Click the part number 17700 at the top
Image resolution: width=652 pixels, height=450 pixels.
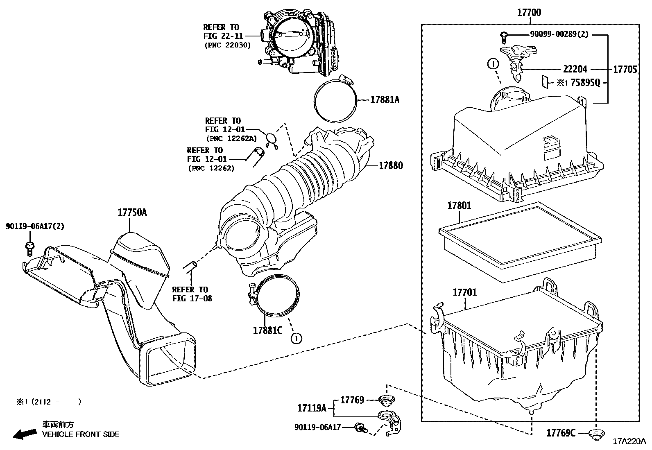[x=529, y=13]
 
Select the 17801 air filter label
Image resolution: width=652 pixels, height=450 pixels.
[x=459, y=206]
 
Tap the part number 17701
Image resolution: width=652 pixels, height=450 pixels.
[x=464, y=292]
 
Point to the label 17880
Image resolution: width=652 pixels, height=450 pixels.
[x=391, y=165]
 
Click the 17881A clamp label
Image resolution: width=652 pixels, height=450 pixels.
[x=385, y=100]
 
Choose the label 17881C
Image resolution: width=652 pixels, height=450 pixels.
[x=267, y=330]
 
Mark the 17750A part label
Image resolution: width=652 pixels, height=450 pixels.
[x=132, y=213]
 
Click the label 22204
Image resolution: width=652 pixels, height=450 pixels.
[x=575, y=69]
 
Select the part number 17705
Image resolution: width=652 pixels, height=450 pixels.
[x=625, y=70]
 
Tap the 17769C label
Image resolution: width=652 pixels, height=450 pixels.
[x=561, y=433]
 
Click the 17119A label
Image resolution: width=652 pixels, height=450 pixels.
[x=312, y=408]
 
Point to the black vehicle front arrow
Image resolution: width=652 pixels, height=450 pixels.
[x=25, y=434]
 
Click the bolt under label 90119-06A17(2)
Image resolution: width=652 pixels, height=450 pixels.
[x=29, y=249]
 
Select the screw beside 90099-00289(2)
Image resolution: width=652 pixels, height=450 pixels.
[x=504, y=38]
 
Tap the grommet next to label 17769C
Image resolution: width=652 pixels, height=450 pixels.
[x=596, y=434]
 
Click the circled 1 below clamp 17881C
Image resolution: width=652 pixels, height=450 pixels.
[x=297, y=339]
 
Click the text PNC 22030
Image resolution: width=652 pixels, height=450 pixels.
[x=228, y=45]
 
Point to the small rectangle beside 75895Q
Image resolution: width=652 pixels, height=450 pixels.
[x=545, y=81]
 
